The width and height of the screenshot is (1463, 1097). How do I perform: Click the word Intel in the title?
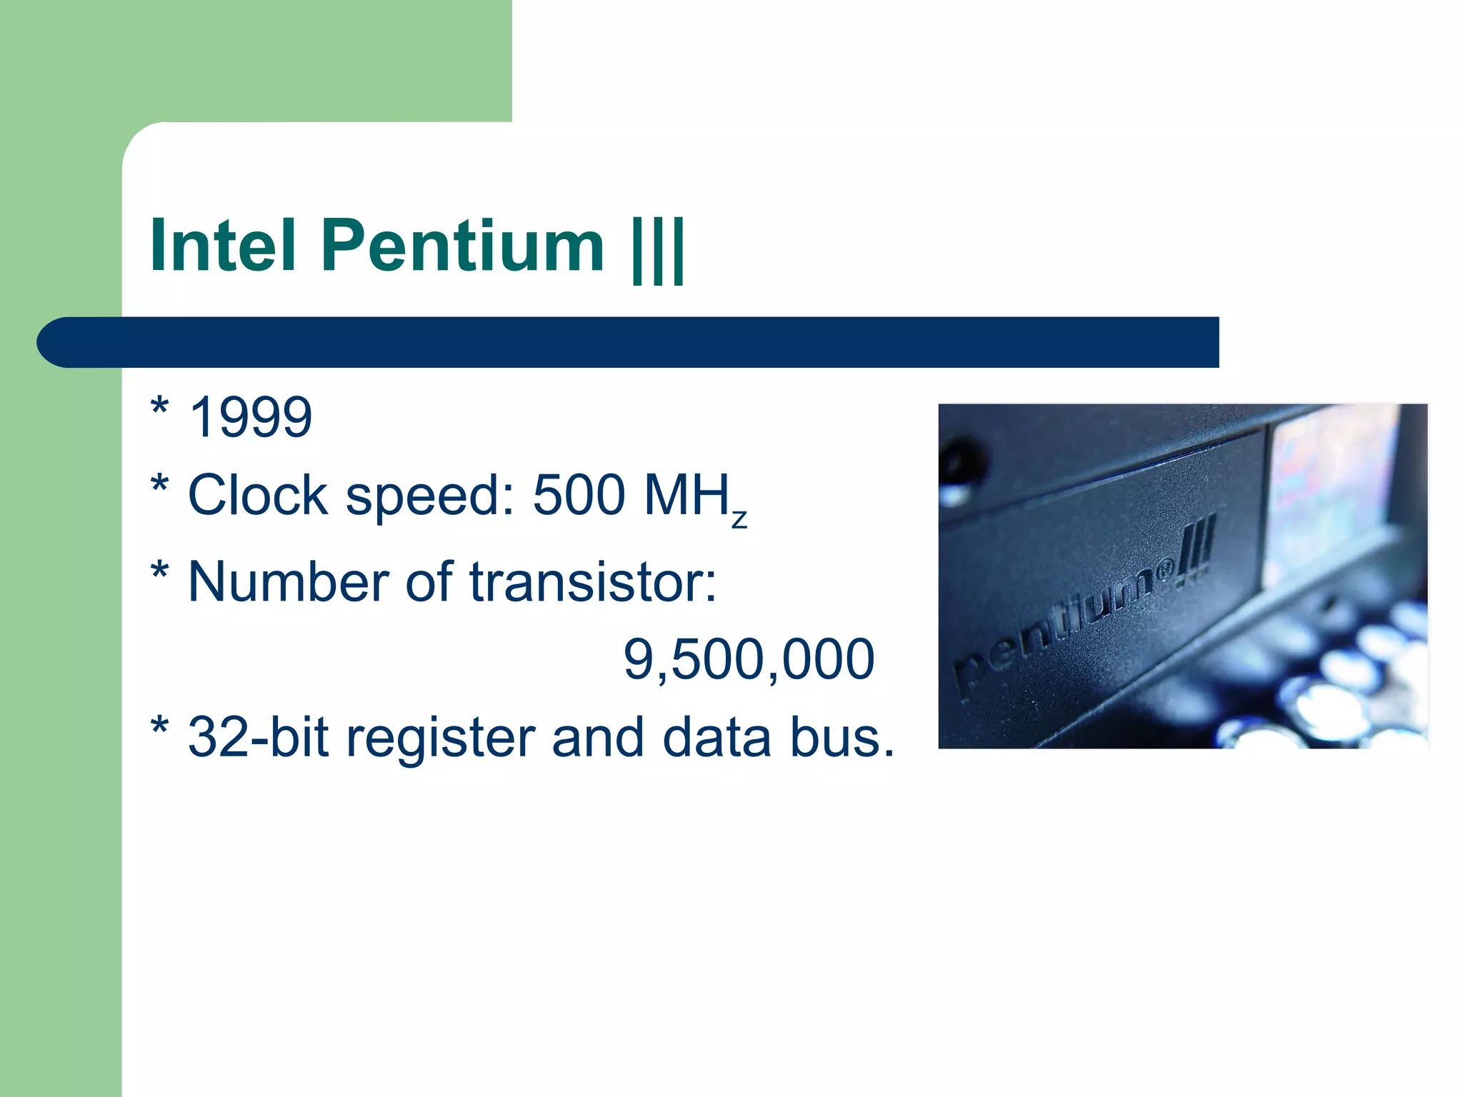point(223,246)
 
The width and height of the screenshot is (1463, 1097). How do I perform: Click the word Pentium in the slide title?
point(463,246)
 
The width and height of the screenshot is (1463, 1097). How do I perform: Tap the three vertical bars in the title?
point(658,249)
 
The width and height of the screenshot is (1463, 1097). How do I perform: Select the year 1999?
point(251,417)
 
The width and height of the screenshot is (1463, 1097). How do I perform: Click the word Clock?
point(258,495)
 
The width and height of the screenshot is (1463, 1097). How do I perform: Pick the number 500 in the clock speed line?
point(579,495)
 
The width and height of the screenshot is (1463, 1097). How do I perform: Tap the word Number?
point(289,582)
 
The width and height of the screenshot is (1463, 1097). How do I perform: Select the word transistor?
point(593,582)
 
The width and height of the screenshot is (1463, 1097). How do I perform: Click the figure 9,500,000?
point(749,659)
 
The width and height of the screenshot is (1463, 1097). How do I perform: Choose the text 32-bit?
point(258,737)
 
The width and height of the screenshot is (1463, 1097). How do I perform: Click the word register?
point(441,738)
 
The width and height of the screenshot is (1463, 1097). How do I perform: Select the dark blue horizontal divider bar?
point(629,342)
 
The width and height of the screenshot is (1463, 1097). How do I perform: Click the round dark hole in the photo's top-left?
point(964,461)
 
